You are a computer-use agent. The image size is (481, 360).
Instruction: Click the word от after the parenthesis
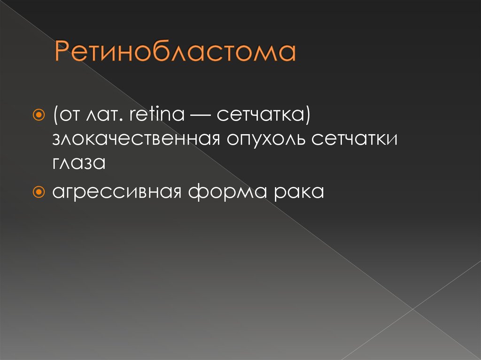(x=70, y=115)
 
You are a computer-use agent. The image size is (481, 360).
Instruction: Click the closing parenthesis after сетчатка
(x=306, y=116)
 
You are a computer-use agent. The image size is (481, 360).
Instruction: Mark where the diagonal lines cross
(x=412, y=309)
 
